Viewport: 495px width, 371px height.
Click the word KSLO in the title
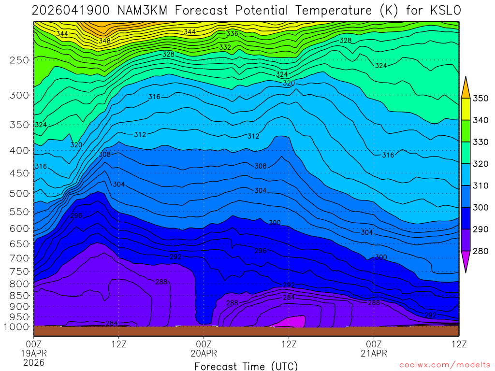pos(441,10)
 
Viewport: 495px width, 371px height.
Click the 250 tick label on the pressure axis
pos(19,60)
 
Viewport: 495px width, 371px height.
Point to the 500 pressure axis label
pos(19,193)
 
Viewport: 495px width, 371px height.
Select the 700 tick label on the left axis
pos(19,258)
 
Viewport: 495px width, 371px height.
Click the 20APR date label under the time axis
pos(204,353)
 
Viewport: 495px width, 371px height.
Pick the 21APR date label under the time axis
pos(374,353)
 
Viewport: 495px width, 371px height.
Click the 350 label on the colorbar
pos(481,99)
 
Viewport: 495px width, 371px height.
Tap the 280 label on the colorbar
pos(481,251)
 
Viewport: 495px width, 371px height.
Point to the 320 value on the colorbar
pos(481,164)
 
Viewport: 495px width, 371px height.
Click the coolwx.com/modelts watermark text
pos(445,364)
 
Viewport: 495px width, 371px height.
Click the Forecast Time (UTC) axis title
pos(246,366)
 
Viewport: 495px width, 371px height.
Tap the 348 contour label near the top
pos(104,41)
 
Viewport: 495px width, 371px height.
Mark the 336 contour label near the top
pos(232,33)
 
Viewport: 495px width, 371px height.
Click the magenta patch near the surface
pos(292,322)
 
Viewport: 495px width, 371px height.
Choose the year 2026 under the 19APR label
pos(34,362)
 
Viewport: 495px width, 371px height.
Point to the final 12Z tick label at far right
pos(459,344)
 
